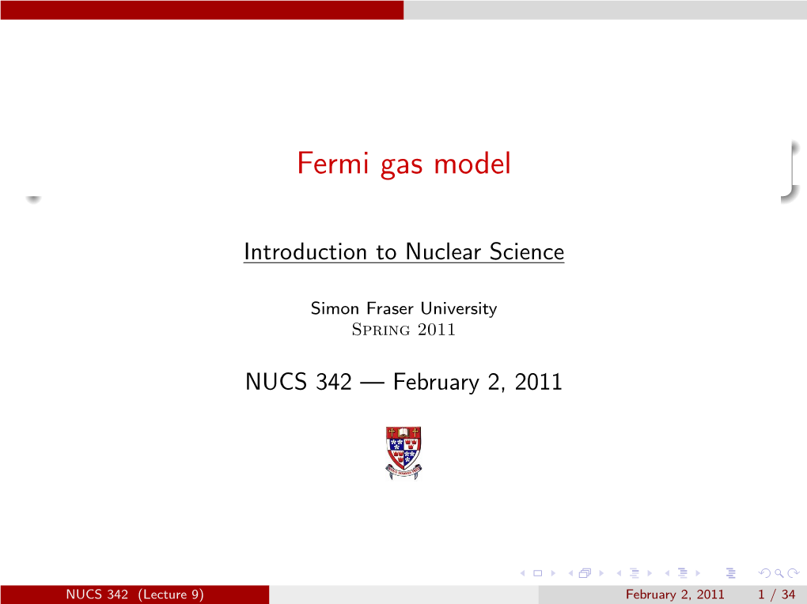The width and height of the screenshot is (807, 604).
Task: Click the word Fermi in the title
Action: click(x=333, y=164)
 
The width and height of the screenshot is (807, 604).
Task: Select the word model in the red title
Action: click(x=472, y=164)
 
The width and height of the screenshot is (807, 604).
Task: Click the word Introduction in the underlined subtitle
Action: click(x=305, y=251)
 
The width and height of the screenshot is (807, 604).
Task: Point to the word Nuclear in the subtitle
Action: click(x=444, y=251)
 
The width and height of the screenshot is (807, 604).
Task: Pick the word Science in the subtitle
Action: click(x=526, y=251)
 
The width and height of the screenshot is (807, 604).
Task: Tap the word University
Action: click(x=459, y=308)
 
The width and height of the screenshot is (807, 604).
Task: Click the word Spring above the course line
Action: click(x=381, y=329)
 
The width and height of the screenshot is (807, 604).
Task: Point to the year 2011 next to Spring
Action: click(x=437, y=329)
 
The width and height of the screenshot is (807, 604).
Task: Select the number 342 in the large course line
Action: click(x=334, y=382)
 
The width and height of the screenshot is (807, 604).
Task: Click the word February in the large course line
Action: click(x=436, y=383)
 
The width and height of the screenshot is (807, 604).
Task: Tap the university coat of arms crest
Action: click(x=403, y=453)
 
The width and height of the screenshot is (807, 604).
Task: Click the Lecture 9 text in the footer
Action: click(x=171, y=595)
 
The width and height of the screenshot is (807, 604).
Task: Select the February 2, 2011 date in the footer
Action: click(x=675, y=595)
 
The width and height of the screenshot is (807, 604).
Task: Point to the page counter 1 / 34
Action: click(x=777, y=595)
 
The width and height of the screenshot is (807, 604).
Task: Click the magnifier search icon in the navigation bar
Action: click(x=779, y=573)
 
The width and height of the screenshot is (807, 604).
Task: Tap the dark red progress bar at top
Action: click(x=202, y=9)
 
